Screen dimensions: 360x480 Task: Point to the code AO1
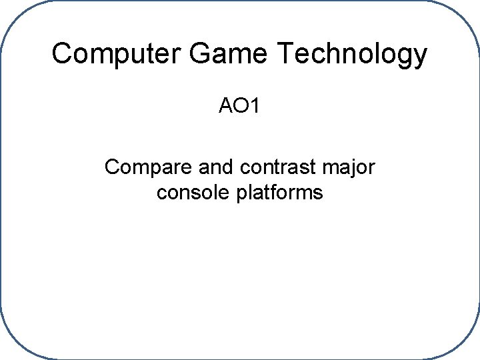tap(240, 106)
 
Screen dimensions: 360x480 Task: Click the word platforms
tap(281, 193)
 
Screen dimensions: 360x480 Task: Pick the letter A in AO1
tap(226, 106)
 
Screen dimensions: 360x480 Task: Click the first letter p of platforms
tap(243, 195)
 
